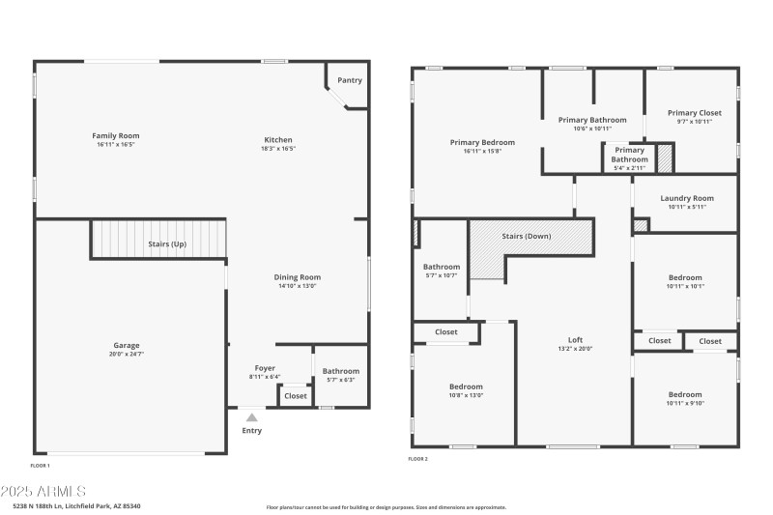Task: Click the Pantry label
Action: [350, 80]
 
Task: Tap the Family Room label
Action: [116, 136]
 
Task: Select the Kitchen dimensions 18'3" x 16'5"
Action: [278, 149]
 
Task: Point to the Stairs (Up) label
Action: [167, 244]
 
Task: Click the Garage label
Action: [127, 345]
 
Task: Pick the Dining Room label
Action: [297, 276]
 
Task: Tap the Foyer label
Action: [265, 368]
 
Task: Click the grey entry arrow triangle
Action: [251, 416]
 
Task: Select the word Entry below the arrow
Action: [251, 431]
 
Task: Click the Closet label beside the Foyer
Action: [296, 396]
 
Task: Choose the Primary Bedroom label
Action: [482, 142]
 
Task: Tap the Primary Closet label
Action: [694, 113]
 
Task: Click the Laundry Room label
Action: [686, 198]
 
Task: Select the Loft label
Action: [575, 340]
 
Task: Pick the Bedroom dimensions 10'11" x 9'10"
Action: [685, 404]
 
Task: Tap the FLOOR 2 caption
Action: [419, 458]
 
